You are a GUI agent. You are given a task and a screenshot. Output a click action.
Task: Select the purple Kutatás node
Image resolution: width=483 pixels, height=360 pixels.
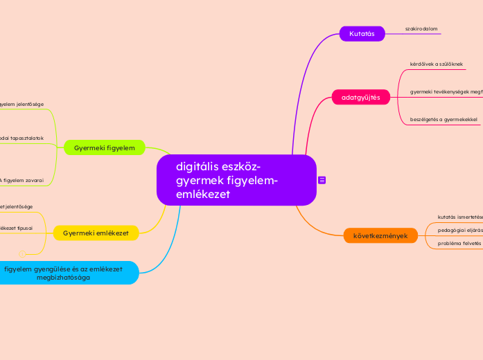[x=362, y=34]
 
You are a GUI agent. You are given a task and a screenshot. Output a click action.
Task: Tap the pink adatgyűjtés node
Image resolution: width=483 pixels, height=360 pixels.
[x=360, y=98]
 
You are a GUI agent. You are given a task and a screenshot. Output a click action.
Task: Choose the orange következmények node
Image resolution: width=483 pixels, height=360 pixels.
[x=380, y=235]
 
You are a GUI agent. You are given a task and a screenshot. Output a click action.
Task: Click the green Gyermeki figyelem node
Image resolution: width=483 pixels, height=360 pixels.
[x=104, y=147]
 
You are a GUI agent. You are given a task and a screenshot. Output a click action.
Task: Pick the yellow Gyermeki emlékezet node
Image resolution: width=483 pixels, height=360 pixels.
[x=96, y=233]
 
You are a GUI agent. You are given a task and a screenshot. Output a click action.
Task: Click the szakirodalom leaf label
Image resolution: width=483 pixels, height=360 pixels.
[x=421, y=29]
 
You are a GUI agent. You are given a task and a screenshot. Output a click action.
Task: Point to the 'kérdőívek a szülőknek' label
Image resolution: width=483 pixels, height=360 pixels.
[x=437, y=64]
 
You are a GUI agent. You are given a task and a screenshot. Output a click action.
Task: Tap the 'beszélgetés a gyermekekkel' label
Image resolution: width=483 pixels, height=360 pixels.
[x=444, y=120]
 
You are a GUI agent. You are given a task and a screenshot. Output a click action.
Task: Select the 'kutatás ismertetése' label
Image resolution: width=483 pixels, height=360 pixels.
[x=459, y=216]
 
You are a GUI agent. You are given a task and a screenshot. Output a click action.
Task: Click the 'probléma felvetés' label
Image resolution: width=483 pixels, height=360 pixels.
[x=459, y=243]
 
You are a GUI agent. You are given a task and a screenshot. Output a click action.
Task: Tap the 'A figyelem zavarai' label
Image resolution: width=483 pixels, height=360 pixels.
[x=21, y=180]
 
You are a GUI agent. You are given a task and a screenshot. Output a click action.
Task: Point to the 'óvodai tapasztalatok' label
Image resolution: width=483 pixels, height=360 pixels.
[x=21, y=138]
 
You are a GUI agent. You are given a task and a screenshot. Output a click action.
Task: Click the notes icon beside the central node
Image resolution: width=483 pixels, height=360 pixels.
[x=322, y=180]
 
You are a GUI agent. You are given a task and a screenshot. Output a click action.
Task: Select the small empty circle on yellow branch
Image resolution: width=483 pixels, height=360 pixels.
[x=22, y=253]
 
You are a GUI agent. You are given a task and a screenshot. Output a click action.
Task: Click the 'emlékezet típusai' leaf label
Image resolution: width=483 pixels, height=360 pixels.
[x=16, y=227]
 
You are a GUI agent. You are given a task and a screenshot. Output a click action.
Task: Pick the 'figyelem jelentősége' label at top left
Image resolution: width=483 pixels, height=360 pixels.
[x=21, y=104]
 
